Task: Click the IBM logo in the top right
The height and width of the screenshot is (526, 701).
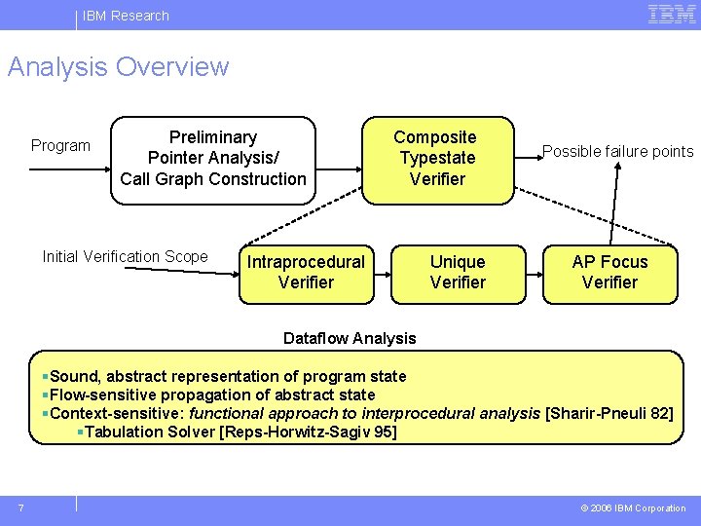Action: click(x=671, y=14)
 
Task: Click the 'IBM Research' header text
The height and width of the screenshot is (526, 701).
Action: click(x=126, y=16)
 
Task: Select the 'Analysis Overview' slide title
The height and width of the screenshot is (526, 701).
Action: click(x=118, y=67)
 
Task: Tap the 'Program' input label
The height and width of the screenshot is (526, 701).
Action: click(x=60, y=146)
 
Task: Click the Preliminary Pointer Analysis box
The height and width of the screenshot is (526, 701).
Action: click(x=213, y=159)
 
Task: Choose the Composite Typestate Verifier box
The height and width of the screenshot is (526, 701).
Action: click(x=437, y=159)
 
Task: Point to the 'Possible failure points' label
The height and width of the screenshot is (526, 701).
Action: click(x=617, y=151)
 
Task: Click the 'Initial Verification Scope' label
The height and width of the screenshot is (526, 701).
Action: click(x=125, y=257)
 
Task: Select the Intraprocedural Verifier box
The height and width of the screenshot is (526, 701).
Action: click(x=306, y=273)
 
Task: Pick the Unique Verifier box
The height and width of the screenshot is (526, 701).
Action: click(x=458, y=273)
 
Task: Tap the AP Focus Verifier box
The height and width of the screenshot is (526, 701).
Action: click(x=609, y=273)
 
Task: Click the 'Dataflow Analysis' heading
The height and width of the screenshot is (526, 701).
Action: click(x=349, y=339)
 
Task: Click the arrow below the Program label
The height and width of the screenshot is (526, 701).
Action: click(x=68, y=169)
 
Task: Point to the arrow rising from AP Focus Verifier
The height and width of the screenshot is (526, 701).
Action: click(x=613, y=205)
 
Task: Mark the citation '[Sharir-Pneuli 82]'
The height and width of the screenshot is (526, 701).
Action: click(x=609, y=413)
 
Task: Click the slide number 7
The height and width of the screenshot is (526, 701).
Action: click(x=21, y=507)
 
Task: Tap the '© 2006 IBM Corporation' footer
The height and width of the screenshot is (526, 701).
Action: click(x=633, y=508)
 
